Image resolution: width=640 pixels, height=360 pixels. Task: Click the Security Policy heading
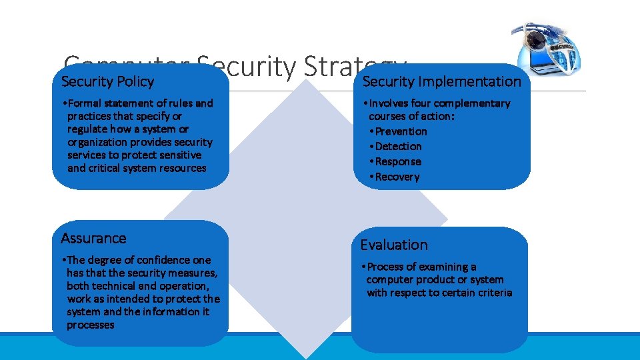(x=107, y=82)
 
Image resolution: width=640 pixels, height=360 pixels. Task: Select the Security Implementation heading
(x=441, y=81)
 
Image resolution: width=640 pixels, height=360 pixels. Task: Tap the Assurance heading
(x=93, y=238)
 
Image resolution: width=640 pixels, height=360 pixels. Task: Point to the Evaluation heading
(x=394, y=245)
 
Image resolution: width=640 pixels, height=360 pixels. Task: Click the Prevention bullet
(x=401, y=131)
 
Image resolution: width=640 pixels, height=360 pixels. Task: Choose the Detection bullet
(x=398, y=146)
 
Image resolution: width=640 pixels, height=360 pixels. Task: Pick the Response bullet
(x=398, y=161)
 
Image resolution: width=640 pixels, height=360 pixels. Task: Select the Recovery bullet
(x=397, y=177)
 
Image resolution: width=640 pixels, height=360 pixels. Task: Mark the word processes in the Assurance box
(x=90, y=325)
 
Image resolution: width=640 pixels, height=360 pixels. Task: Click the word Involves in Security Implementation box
(x=389, y=103)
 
